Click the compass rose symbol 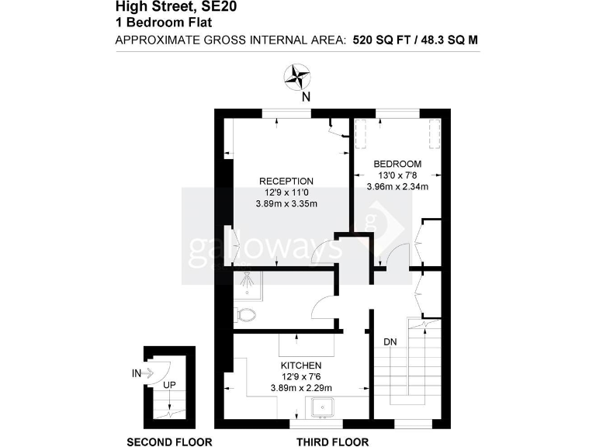coord(297,77)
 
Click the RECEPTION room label coord(286,181)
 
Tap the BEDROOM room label coord(397,164)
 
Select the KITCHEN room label coord(301,366)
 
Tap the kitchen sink coord(321,407)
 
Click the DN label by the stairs coord(390,341)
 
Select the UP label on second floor coord(168,383)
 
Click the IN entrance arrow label coord(137,373)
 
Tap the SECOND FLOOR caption coord(169,442)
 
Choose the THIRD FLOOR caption coord(332,442)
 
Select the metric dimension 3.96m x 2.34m coord(397,186)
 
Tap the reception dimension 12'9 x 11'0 coord(286,192)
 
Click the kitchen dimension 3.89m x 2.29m coord(301,388)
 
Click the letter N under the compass coord(306,97)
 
